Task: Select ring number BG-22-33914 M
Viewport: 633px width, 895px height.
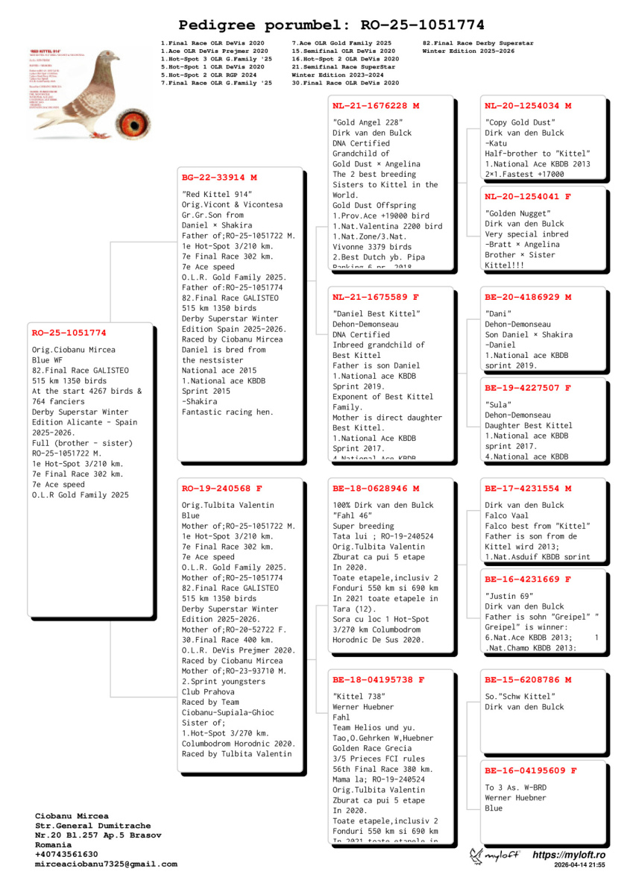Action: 219,178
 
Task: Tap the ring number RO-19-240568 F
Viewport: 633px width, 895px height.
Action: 222,489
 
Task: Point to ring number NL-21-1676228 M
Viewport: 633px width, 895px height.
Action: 376,106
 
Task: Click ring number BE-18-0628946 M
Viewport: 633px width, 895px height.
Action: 376,489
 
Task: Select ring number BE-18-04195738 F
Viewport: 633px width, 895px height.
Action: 379,680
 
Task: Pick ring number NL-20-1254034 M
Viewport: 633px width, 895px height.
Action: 528,106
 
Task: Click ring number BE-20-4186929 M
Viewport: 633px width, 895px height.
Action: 528,298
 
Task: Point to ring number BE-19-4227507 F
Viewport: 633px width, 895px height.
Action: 528,388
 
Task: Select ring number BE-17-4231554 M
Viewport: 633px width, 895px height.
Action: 528,489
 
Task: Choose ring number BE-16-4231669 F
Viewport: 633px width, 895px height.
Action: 528,579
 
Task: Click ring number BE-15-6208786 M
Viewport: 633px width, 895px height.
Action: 528,680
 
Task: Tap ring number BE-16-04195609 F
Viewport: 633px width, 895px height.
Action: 531,770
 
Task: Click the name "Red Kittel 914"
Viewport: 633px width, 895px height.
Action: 217,194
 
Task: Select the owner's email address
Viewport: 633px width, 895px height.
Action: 106,864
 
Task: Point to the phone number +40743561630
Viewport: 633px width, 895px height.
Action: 66,854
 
